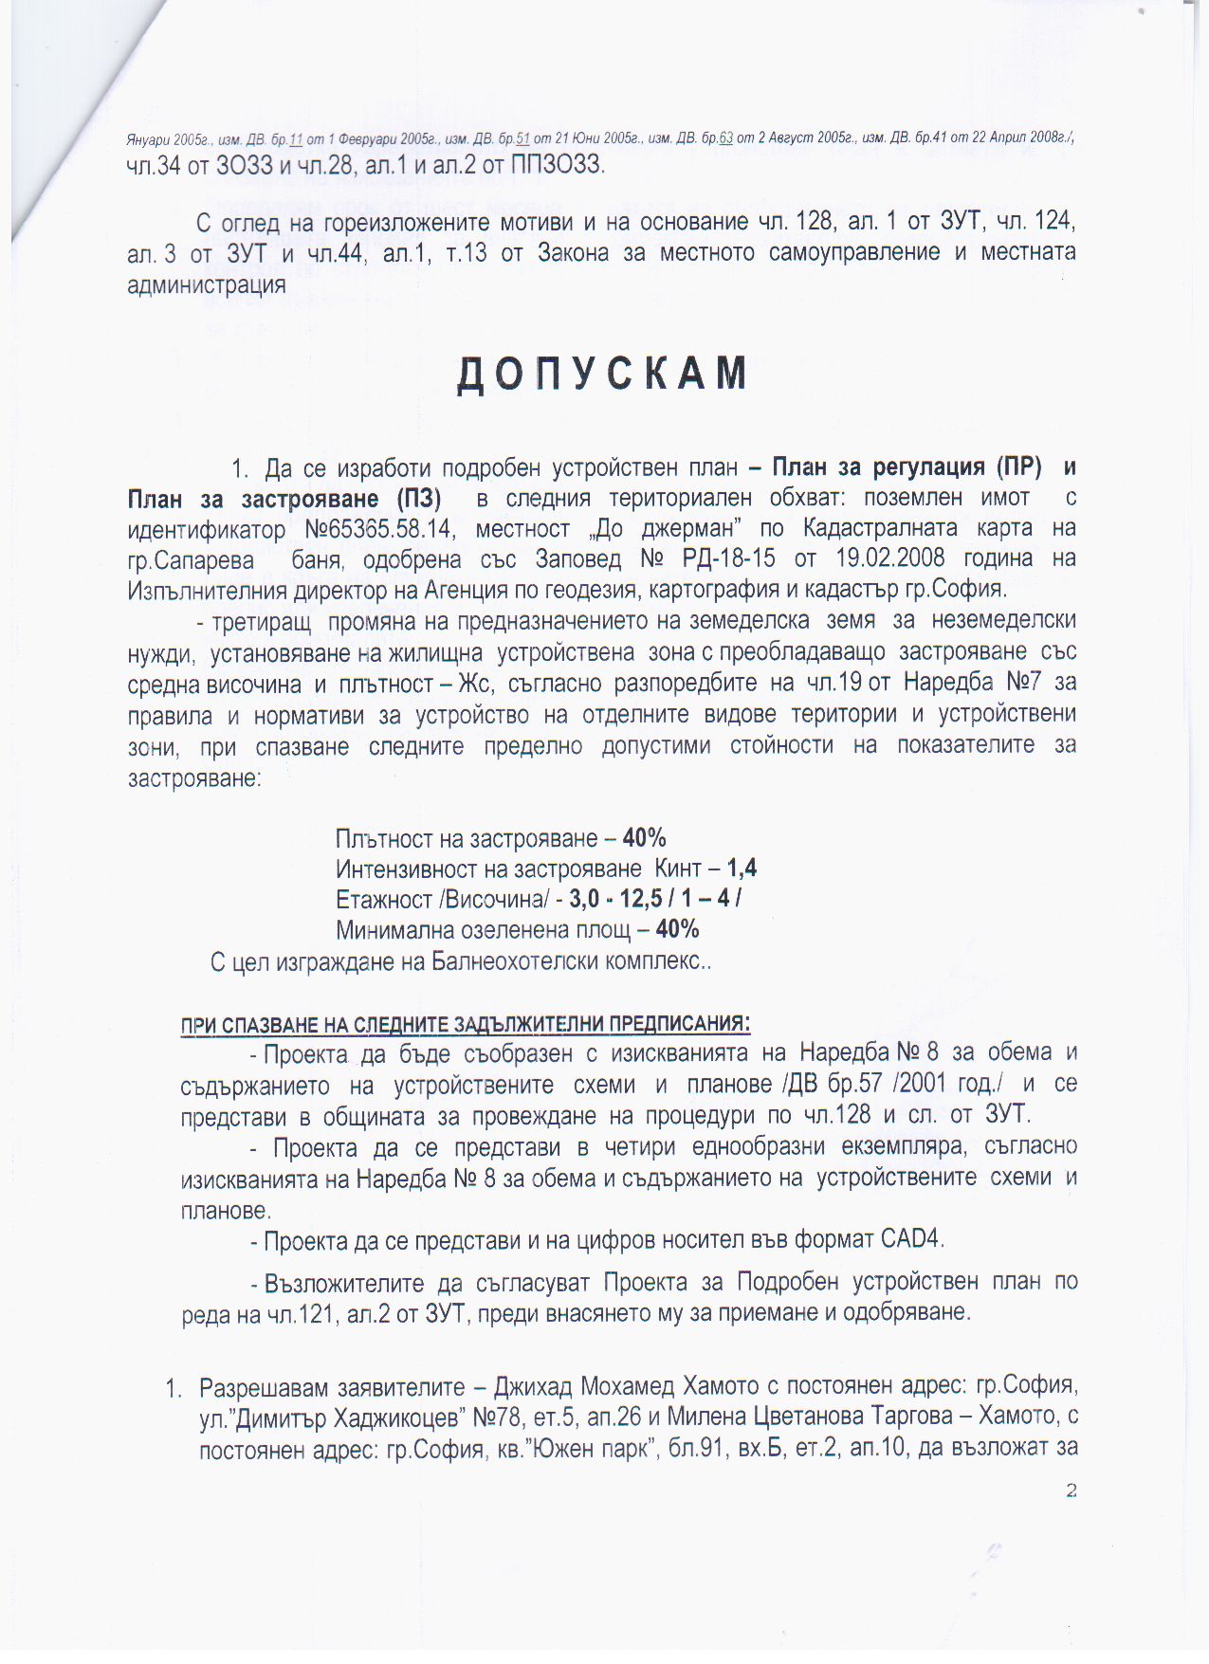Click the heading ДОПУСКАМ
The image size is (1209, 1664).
pyautogui.click(x=603, y=375)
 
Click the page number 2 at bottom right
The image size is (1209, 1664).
pyautogui.click(x=1072, y=1490)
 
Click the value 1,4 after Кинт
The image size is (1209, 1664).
pyautogui.click(x=742, y=869)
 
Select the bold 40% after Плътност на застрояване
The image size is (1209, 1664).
pyautogui.click(x=645, y=838)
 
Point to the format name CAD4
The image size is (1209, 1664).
pyautogui.click(x=911, y=1239)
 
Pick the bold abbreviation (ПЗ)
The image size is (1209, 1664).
pyautogui.click(x=410, y=499)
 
